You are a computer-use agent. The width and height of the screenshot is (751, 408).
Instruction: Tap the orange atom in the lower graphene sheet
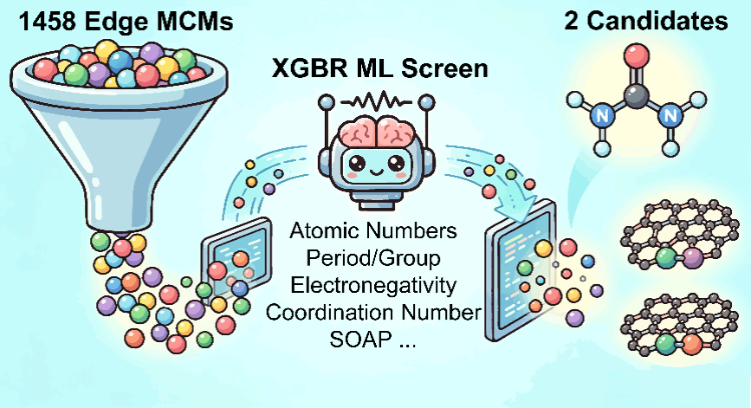point(690,345)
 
